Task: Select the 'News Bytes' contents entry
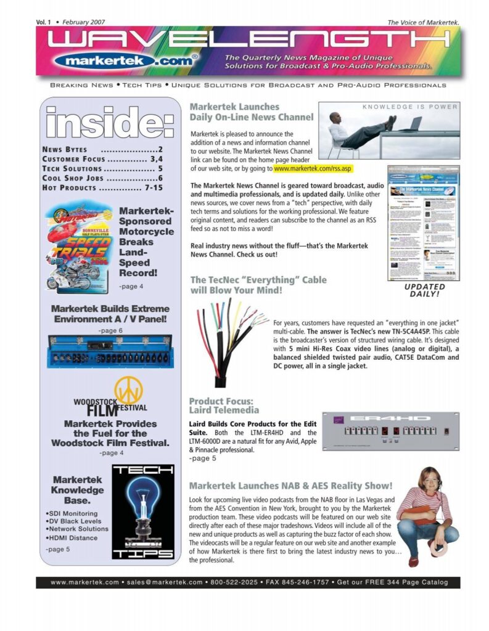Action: click(x=65, y=149)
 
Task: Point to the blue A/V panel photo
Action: click(x=110, y=351)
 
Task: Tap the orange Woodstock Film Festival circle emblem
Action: click(x=128, y=390)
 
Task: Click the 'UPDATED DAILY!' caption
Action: click(x=424, y=290)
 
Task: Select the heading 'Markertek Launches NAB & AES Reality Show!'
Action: click(x=290, y=486)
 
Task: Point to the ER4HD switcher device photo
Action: click(x=390, y=430)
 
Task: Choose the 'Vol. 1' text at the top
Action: click(x=43, y=22)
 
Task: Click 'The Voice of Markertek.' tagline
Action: click(x=423, y=23)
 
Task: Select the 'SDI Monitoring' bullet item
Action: click(x=70, y=513)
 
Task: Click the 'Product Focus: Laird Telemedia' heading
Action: click(x=224, y=405)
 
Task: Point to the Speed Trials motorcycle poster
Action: click(x=78, y=248)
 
